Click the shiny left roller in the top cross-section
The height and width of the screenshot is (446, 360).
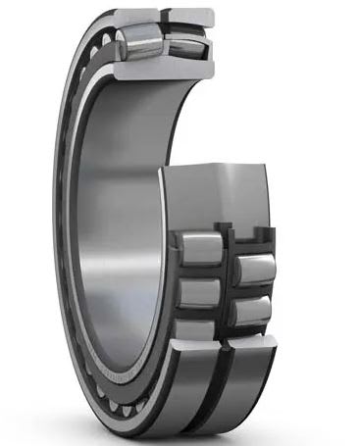(x=136, y=44)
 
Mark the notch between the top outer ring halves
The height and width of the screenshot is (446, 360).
(x=164, y=16)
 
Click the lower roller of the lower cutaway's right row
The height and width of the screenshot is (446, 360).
(x=252, y=308)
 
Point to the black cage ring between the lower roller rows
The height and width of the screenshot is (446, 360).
(x=228, y=284)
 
